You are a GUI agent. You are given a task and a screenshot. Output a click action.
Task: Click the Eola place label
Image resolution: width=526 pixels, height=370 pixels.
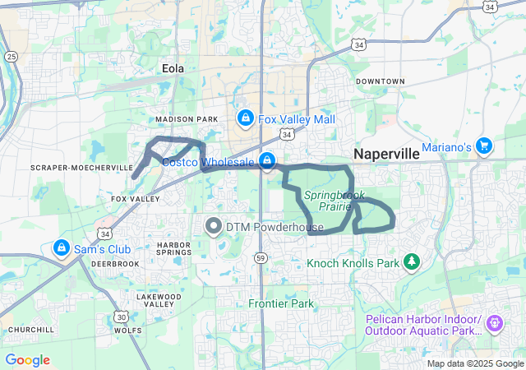point(173,70)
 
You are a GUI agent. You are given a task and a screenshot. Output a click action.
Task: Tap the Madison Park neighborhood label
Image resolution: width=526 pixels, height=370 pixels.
point(187,120)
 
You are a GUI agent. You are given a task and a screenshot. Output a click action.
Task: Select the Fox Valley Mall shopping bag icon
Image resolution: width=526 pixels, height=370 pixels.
point(244,119)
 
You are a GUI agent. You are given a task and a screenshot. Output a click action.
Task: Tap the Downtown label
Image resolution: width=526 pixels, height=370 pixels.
point(381,81)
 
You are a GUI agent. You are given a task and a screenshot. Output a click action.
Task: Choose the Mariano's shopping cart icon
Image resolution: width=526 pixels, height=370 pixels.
point(484,145)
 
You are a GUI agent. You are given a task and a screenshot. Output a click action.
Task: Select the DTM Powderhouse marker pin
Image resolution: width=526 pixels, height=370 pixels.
point(214,225)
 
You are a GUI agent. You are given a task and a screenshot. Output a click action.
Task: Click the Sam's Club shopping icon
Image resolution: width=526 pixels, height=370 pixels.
point(61,247)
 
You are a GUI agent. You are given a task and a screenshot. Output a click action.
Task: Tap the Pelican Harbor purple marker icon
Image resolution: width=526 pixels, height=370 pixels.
point(494,324)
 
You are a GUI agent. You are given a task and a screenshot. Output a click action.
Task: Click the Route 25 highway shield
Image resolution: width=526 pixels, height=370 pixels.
point(10,56)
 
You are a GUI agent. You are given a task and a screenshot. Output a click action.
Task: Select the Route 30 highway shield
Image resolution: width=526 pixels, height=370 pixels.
point(121,317)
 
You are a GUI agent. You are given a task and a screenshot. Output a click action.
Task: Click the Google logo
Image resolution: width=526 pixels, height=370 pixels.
point(27,360)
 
